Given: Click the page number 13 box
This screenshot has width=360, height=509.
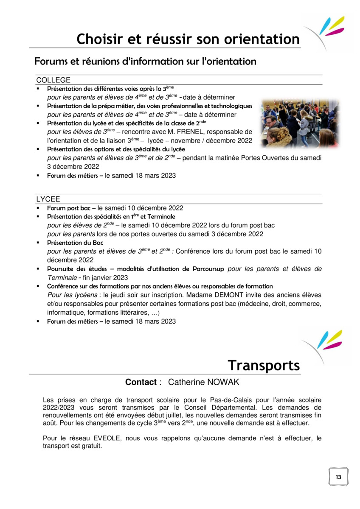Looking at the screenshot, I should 338,477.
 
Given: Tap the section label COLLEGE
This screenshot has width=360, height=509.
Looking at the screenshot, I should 53,80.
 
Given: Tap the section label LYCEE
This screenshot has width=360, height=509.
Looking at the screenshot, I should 48,199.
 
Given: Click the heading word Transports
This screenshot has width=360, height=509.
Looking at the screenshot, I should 263,365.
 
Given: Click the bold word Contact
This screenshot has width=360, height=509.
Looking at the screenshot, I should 141,382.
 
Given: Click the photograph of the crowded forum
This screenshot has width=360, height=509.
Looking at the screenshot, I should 299,123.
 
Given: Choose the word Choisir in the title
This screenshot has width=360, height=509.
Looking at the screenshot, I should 98,39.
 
